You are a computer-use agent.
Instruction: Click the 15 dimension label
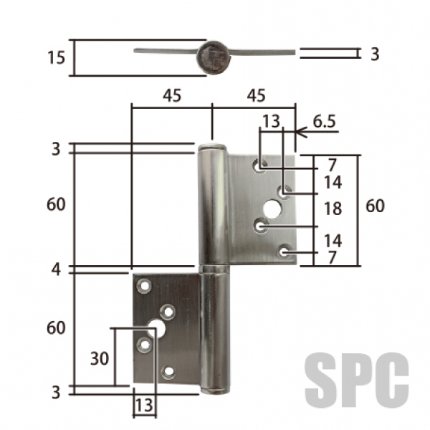pyautogui.click(x=56, y=57)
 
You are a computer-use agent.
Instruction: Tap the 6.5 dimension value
pyautogui.click(x=325, y=122)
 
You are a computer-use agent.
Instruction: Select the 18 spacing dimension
pyautogui.click(x=333, y=209)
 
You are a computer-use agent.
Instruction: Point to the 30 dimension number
pyautogui.click(x=100, y=358)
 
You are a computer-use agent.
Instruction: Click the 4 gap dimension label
pyautogui.click(x=56, y=270)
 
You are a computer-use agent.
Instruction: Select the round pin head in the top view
pyautogui.click(x=214, y=58)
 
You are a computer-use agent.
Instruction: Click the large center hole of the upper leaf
pyautogui.click(x=272, y=209)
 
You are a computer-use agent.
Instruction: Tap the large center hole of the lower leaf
pyautogui.click(x=156, y=328)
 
